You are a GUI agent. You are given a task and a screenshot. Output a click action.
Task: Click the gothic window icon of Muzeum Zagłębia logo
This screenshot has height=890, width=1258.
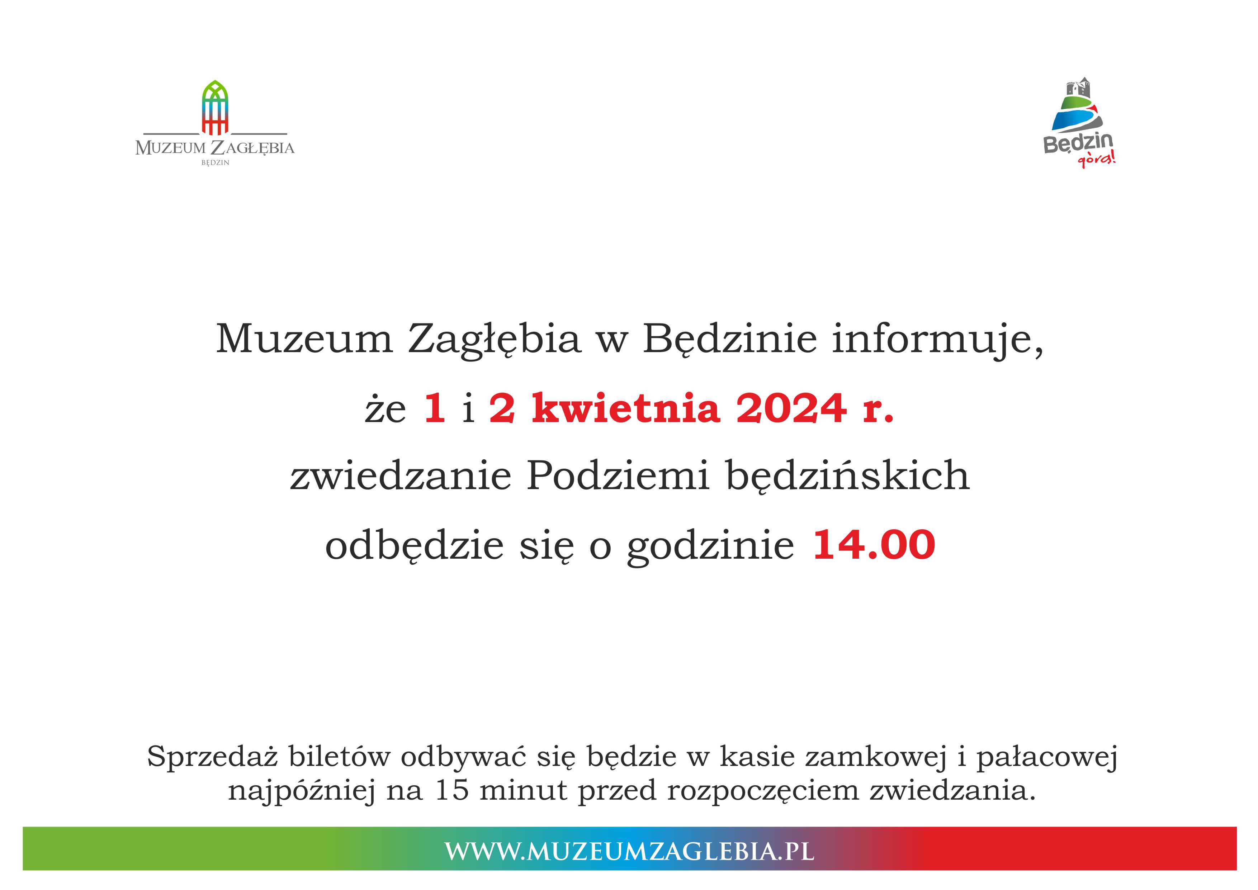(215, 108)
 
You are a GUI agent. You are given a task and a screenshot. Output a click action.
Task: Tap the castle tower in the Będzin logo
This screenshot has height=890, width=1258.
(1078, 88)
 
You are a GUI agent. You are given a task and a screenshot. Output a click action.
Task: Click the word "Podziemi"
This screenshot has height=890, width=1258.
(618, 476)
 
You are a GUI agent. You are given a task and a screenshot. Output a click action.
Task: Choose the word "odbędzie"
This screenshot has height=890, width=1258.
(414, 546)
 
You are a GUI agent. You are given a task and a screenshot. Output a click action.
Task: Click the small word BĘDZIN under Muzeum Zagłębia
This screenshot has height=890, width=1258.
(215, 163)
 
